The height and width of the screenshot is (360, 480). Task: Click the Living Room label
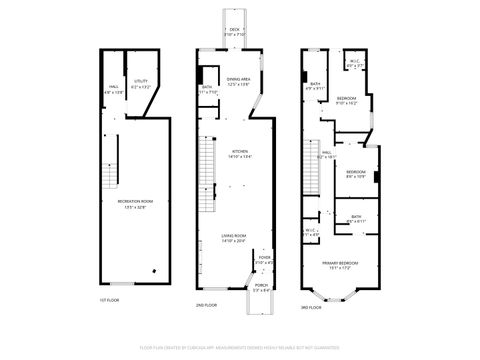tap(235, 238)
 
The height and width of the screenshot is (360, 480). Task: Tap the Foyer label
tap(264, 261)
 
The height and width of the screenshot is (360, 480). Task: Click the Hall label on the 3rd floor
tap(326, 155)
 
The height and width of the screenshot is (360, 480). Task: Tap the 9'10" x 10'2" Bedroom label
tap(346, 100)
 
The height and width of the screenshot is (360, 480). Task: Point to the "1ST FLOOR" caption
tap(109, 300)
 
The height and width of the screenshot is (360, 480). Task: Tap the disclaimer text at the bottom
tap(240, 347)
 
